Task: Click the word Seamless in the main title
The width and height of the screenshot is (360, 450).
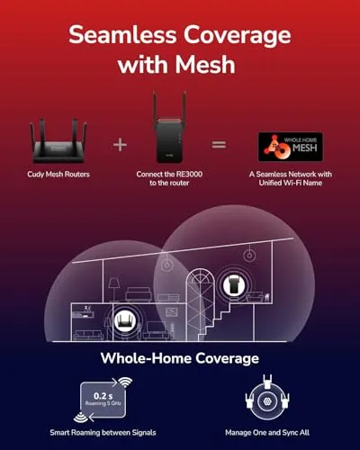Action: tap(122, 34)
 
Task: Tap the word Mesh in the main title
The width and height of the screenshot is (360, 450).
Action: tap(205, 65)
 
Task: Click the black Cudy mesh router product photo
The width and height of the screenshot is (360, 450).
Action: tap(58, 141)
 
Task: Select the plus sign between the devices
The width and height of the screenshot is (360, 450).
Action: tap(120, 145)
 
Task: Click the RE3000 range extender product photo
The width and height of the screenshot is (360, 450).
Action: tap(169, 128)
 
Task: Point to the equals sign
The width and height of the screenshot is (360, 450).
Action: tap(219, 145)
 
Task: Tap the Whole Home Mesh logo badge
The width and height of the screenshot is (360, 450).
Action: tap(291, 147)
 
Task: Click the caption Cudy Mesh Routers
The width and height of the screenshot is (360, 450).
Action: tap(58, 175)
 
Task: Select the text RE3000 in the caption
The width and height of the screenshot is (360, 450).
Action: tap(190, 175)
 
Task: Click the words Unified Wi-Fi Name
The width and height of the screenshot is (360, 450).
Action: tap(291, 183)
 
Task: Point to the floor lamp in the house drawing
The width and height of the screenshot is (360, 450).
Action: tap(113, 290)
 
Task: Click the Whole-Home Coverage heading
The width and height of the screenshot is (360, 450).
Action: tap(180, 358)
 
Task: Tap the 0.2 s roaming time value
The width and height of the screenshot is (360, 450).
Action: tap(103, 396)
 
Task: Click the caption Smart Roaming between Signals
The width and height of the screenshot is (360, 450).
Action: tap(103, 433)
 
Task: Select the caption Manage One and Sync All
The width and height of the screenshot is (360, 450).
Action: tap(267, 433)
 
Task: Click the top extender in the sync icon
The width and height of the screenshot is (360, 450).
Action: tap(266, 382)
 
